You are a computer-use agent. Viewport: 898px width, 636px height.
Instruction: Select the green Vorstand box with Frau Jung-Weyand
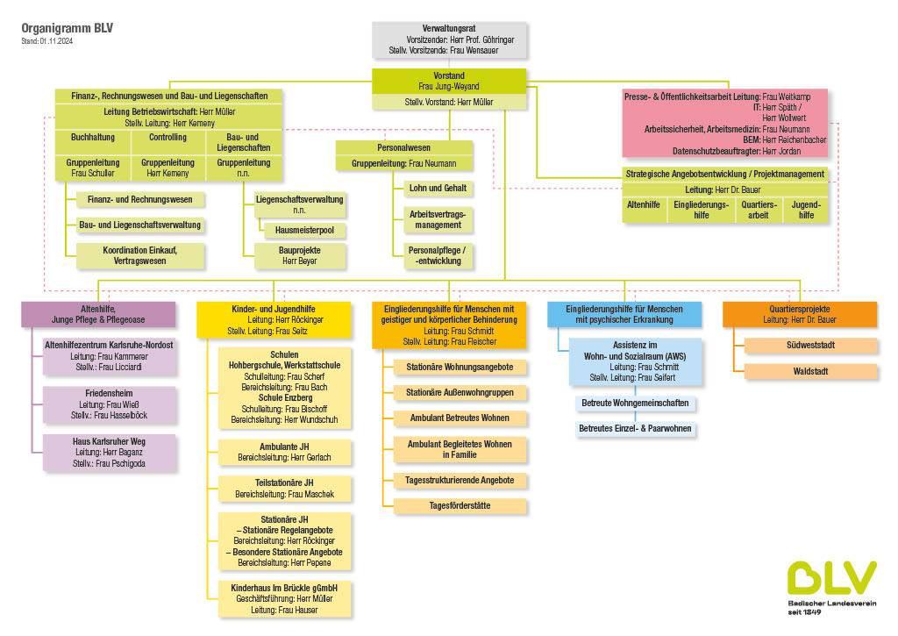tap(449, 81)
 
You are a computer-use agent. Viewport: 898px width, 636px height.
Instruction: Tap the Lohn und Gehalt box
tap(438, 189)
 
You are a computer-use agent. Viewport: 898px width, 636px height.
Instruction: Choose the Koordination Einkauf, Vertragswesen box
tap(140, 255)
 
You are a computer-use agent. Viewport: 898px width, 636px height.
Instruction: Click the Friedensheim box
tap(109, 404)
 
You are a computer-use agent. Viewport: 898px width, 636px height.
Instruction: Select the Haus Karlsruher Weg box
tap(109, 452)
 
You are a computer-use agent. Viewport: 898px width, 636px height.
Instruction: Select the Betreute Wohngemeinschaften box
tap(635, 404)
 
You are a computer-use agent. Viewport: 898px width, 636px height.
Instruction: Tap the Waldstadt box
tap(810, 372)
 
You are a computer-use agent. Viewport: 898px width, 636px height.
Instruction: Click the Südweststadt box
tap(810, 346)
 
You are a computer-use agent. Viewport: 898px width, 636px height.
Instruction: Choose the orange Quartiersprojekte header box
tap(799, 314)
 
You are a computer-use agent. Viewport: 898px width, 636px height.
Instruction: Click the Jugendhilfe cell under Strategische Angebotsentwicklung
tap(805, 210)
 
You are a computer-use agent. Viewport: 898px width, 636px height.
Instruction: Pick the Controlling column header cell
tap(167, 138)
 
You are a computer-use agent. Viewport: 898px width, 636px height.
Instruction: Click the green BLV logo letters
tap(830, 576)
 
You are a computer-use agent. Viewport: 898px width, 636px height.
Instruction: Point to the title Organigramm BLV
tap(68, 28)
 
